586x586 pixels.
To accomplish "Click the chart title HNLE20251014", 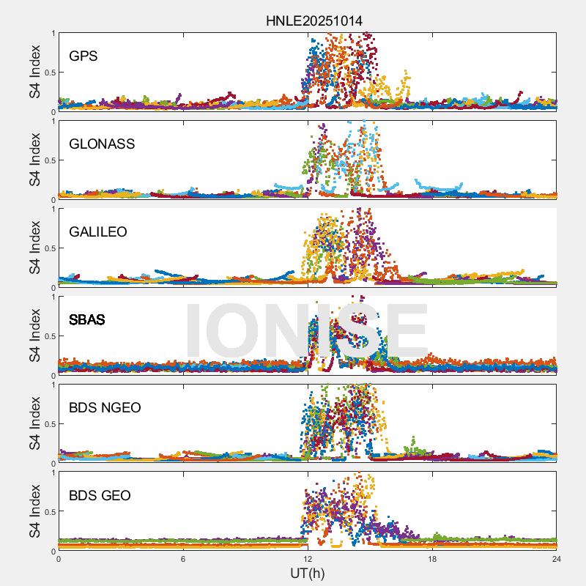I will point(314,21).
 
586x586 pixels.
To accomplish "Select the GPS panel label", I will point(83,56).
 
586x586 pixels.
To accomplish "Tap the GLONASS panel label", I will point(102,144).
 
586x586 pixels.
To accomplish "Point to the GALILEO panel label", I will point(98,231).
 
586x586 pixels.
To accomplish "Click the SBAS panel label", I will point(86,319).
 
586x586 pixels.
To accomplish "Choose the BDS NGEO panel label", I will point(105,407).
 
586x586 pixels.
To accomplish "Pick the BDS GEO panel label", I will point(100,496).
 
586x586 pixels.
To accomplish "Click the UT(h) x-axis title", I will point(307,573).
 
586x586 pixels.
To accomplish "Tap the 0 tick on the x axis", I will point(59,559).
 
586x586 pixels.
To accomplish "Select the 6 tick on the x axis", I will point(183,559).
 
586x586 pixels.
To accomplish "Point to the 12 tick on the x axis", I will point(308,559).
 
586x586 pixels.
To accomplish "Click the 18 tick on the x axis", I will point(432,559).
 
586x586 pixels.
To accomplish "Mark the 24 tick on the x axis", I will point(556,559).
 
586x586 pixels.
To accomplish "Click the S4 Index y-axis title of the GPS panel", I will point(34,72).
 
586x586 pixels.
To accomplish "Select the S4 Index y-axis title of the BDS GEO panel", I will point(34,511).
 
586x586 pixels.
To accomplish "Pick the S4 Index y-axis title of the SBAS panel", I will point(34,335).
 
